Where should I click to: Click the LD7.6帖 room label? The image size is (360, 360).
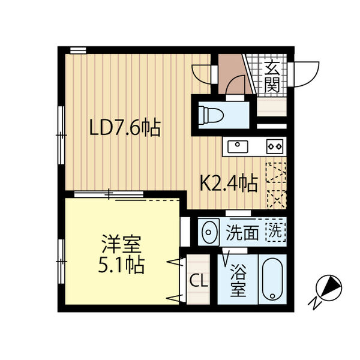[124, 128]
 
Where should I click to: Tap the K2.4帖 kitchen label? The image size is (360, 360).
[229, 182]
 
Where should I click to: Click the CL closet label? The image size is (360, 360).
[199, 280]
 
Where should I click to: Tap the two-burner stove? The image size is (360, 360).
[274, 145]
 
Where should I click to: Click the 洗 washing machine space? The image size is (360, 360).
[274, 231]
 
